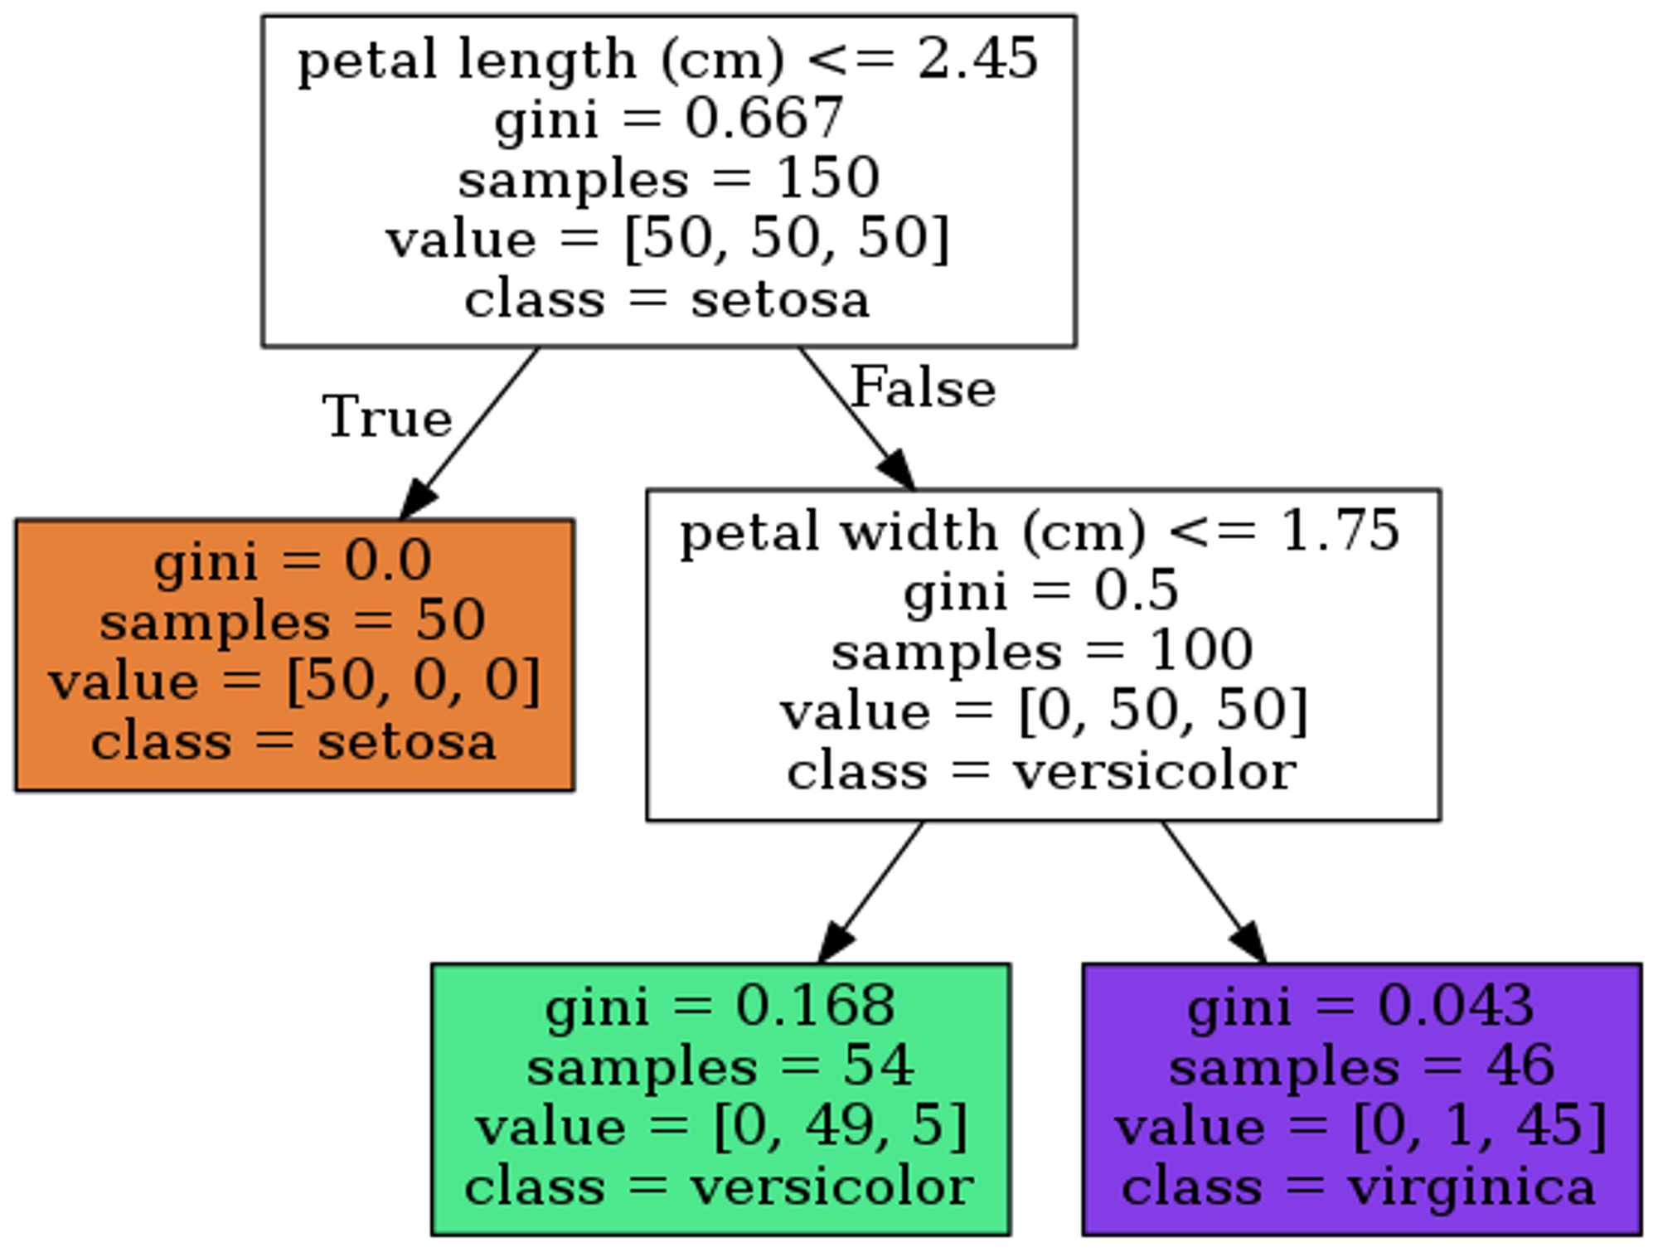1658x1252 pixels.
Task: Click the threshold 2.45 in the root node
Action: pos(977,59)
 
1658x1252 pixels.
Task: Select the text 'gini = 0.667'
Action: pos(669,119)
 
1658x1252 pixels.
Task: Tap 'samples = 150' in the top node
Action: pos(668,178)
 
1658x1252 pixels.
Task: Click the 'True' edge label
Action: pos(387,417)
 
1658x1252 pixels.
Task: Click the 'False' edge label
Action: pos(923,387)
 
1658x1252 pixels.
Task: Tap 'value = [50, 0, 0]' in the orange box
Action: pos(294,681)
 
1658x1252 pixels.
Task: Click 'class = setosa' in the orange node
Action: pos(293,741)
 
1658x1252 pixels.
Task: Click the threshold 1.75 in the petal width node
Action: pos(1340,531)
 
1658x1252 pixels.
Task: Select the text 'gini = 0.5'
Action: pos(1040,591)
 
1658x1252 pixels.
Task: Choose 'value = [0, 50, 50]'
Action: pos(1044,711)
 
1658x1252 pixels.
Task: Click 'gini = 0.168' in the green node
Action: pos(720,1006)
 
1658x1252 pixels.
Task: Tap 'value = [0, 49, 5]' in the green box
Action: pos(720,1127)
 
